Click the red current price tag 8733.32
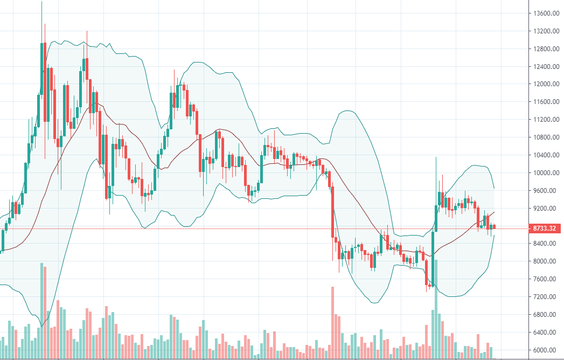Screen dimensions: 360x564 click(544, 229)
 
